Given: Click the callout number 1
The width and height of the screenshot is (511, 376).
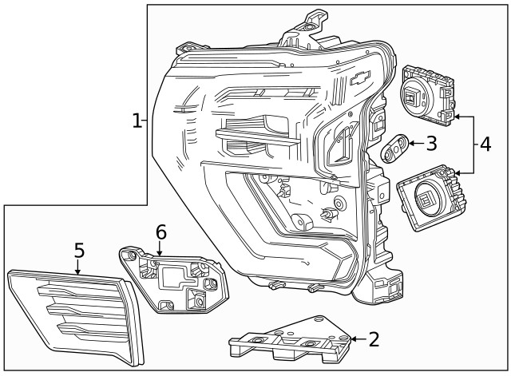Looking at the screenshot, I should click(x=137, y=121).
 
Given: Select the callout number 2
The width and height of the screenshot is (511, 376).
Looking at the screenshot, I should click(x=374, y=339).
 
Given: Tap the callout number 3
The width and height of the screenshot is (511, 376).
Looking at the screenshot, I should click(x=431, y=144).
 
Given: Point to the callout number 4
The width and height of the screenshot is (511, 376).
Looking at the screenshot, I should click(x=485, y=144).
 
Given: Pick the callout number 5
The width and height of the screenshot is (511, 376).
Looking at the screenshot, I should click(x=79, y=251).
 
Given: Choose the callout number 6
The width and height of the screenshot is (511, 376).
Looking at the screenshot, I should click(x=160, y=232).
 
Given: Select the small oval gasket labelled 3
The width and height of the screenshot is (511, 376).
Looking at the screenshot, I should click(x=396, y=148).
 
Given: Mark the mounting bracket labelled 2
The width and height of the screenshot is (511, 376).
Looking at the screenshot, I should click(x=291, y=342).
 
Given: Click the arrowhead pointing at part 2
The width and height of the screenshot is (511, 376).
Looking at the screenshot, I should click(x=353, y=339).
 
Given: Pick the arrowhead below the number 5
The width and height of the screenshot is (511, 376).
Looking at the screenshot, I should click(x=78, y=272).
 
